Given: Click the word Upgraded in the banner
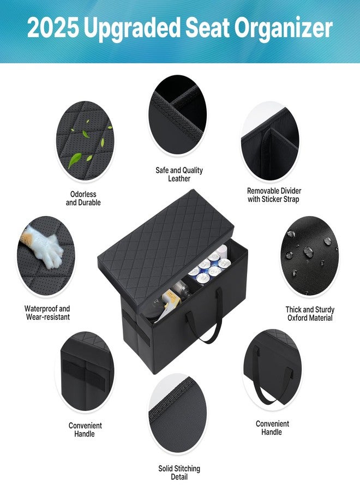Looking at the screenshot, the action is tap(132, 29).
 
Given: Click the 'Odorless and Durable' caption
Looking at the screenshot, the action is tap(83, 198).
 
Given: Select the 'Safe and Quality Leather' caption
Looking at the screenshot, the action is tap(179, 174).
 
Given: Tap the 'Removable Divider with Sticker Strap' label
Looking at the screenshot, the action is tap(274, 195).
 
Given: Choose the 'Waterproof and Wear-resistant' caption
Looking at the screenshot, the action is tap(47, 313).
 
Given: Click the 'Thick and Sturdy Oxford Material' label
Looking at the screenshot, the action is tap(310, 314).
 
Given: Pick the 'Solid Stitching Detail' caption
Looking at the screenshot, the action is tap(179, 472).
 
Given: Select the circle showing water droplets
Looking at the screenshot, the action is tap(309, 256).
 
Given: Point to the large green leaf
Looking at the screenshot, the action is tap(75, 160).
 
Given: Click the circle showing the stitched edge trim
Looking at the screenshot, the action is tap(177, 413).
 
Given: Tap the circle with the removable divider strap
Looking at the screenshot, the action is tap(270, 141).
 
